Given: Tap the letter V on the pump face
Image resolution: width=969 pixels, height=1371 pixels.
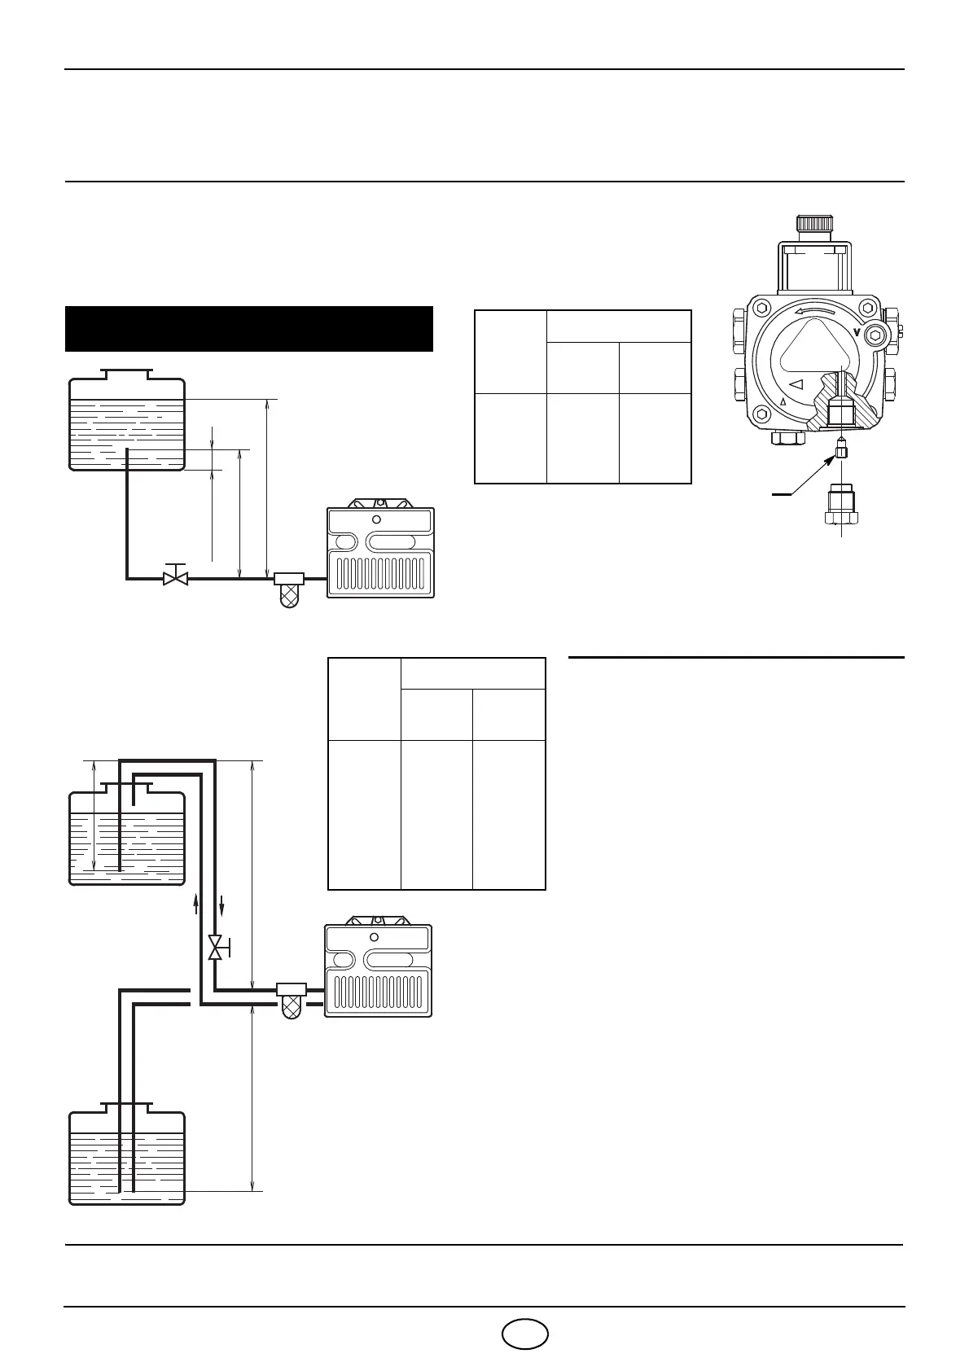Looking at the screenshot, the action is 857,331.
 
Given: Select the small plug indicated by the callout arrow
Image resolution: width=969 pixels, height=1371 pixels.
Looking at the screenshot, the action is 841,450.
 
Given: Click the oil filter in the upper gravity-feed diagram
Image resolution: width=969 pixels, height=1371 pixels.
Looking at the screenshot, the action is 289,589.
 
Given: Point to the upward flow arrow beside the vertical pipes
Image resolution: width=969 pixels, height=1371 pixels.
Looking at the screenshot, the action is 196,905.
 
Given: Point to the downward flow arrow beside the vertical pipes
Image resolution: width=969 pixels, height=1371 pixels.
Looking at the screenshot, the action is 221,905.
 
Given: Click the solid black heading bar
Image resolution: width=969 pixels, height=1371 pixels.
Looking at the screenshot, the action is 248,329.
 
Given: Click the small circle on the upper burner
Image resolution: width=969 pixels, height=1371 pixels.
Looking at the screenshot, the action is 376,519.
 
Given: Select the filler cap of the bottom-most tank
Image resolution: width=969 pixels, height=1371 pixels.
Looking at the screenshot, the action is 126,1107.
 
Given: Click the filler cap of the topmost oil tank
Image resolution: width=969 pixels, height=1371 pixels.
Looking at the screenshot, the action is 126,375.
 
